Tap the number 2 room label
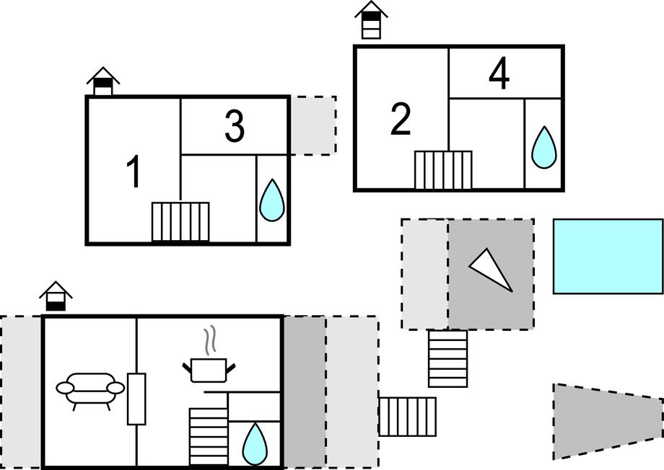[x=401, y=120]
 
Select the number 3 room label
[x=235, y=127]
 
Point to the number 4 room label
[x=499, y=74]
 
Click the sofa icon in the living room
[x=90, y=389]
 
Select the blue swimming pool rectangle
[x=608, y=257]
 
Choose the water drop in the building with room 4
[x=543, y=148]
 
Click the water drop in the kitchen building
[x=254, y=444]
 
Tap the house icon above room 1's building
[x=103, y=81]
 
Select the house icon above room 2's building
[x=371, y=20]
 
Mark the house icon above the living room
[x=56, y=296]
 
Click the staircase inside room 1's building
[x=180, y=222]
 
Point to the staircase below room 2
[x=443, y=170]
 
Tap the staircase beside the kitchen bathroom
[x=209, y=436]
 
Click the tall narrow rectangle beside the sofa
[x=136, y=399]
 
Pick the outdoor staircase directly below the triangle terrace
[x=447, y=358]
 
